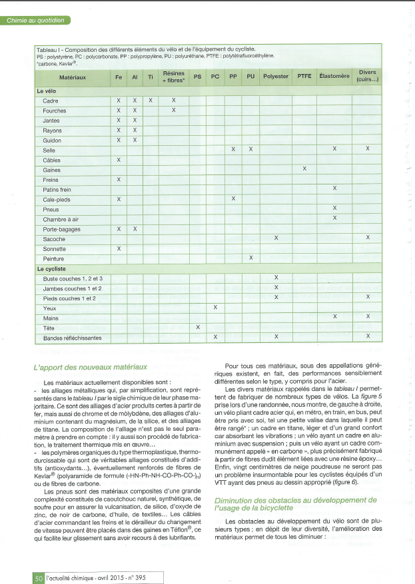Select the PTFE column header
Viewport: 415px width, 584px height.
point(304,77)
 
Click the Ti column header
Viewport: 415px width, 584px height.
point(151,77)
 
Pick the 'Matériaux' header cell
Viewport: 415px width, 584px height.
point(72,77)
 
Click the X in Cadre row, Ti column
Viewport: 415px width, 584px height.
point(151,101)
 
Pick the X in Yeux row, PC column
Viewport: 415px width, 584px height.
point(215,307)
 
